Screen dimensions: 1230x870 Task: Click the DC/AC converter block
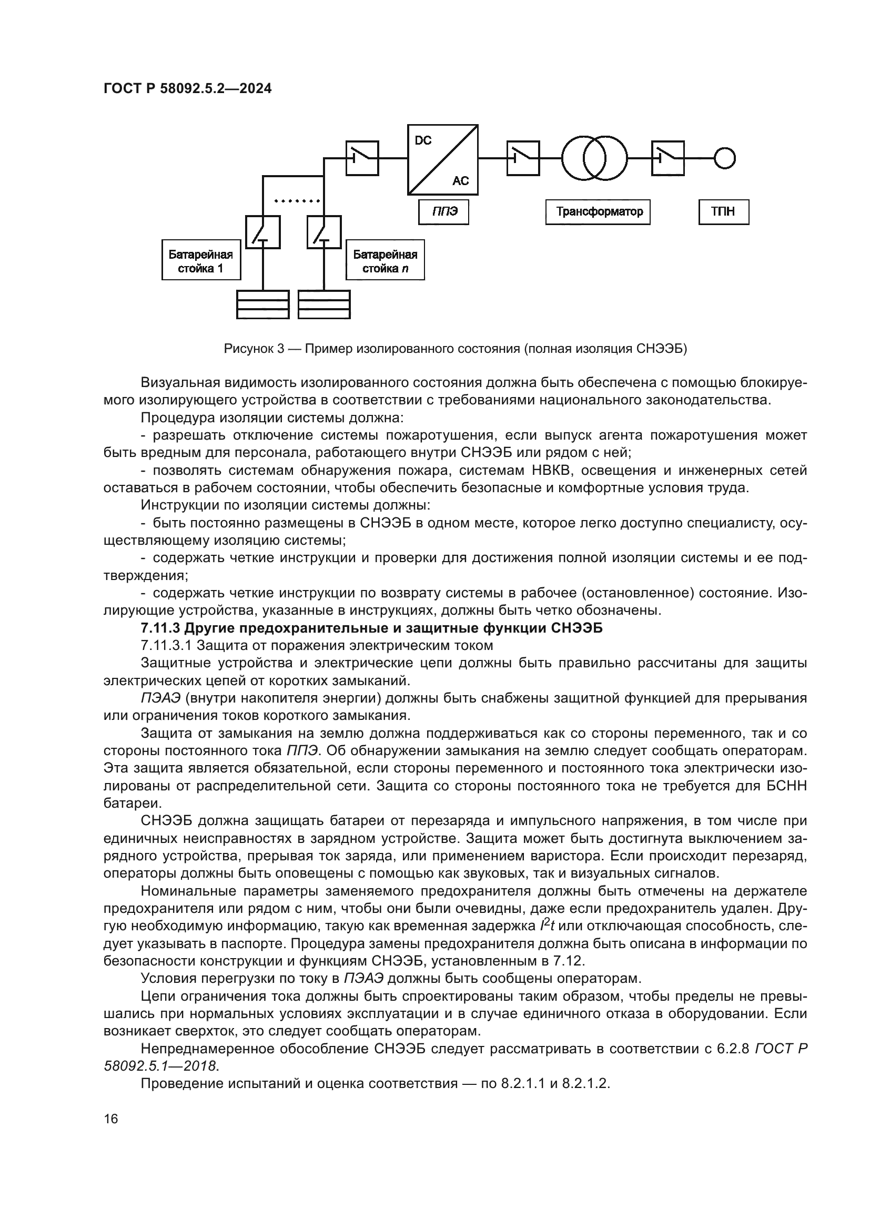442,160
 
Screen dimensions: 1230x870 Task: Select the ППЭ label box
443,212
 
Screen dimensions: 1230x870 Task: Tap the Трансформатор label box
599,212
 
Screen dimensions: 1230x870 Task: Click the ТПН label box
723,212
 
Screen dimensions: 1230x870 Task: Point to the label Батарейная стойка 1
201,261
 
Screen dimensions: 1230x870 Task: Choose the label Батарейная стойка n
385,261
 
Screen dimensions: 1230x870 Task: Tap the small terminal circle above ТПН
724,158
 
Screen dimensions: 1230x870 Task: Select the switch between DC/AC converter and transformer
523,158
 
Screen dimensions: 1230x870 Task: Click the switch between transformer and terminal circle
667,158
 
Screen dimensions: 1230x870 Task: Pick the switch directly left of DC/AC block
362,158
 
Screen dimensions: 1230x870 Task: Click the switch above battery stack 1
263,232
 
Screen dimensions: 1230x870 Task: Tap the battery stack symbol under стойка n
324,304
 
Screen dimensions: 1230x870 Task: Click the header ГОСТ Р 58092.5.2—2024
187,89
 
